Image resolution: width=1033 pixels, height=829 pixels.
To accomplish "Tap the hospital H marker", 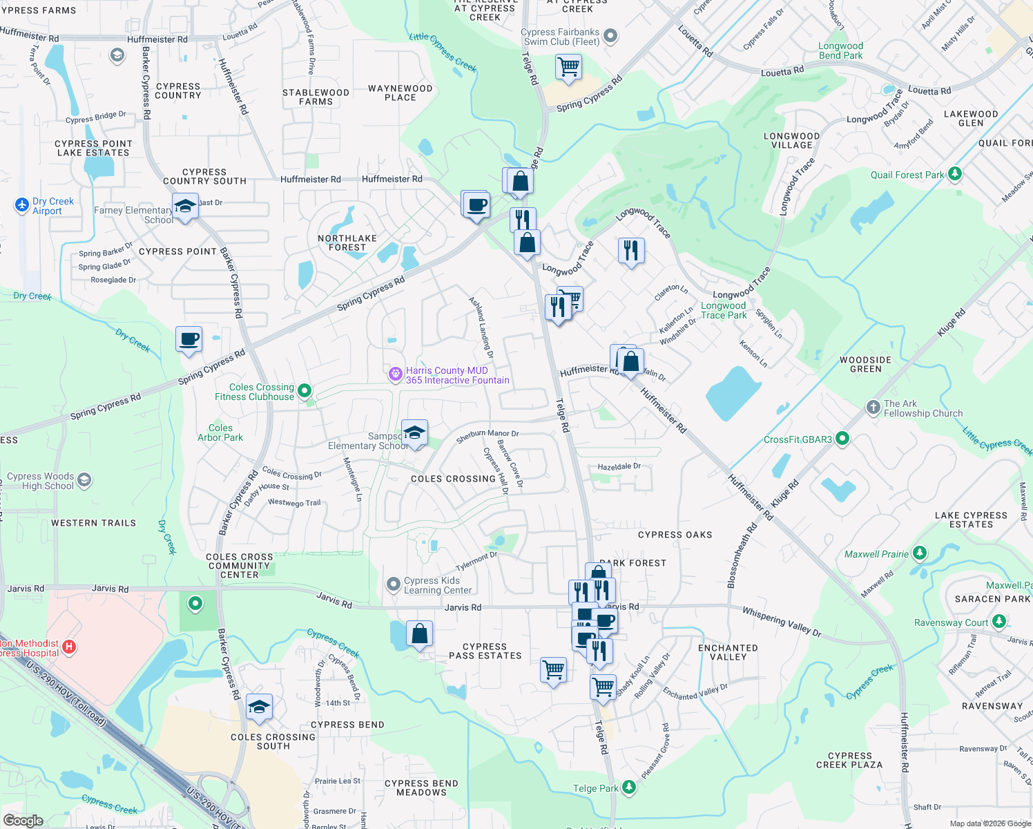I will pyautogui.click(x=69, y=647).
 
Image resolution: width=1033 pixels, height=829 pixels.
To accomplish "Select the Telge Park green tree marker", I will pyautogui.click(x=628, y=787).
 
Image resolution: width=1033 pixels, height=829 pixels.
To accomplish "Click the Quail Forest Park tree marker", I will pyautogui.click(x=955, y=173).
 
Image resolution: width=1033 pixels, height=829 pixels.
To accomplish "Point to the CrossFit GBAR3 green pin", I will pyautogui.click(x=842, y=438).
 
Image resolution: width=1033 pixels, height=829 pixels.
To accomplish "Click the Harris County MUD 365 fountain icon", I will pyautogui.click(x=395, y=374).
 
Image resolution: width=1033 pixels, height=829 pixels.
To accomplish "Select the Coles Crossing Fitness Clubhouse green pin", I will pyautogui.click(x=304, y=391).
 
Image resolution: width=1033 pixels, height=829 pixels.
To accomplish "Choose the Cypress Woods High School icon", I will pyautogui.click(x=84, y=480).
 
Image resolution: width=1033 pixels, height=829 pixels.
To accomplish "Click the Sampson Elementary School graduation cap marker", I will pyautogui.click(x=414, y=434).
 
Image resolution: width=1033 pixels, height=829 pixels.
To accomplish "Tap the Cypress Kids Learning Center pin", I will pyautogui.click(x=394, y=585).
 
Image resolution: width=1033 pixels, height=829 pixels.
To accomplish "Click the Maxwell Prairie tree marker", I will pyautogui.click(x=919, y=553).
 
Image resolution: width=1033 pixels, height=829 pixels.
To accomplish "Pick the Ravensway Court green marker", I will pyautogui.click(x=998, y=621).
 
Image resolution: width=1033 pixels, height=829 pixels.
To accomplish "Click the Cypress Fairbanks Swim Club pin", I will pyautogui.click(x=610, y=36).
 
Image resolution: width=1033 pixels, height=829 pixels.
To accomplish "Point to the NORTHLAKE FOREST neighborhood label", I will pyautogui.click(x=347, y=242).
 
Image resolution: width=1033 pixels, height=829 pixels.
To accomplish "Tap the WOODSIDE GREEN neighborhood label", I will pyautogui.click(x=865, y=364).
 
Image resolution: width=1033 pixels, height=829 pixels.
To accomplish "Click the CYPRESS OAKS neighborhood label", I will pyautogui.click(x=675, y=535).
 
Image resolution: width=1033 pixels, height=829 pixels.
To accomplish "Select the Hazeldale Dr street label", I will pyautogui.click(x=619, y=467).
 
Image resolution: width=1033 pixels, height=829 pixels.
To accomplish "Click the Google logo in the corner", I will pyautogui.click(x=23, y=820).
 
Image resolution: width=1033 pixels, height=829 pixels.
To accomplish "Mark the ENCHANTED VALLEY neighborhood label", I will pyautogui.click(x=728, y=652).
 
